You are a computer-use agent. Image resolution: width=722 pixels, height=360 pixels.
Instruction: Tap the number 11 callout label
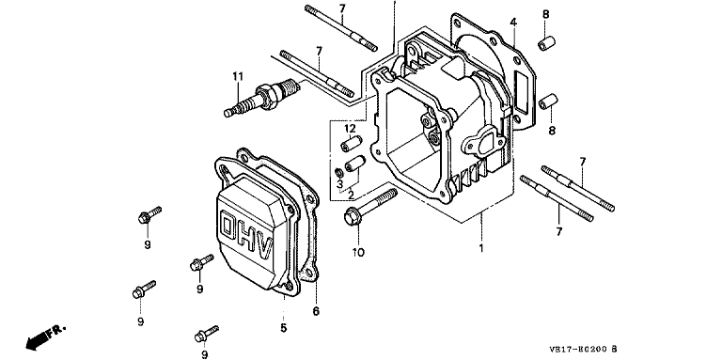click(237, 76)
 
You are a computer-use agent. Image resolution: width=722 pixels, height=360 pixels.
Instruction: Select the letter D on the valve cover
click(228, 226)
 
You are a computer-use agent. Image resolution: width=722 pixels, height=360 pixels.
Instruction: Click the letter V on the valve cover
click(266, 249)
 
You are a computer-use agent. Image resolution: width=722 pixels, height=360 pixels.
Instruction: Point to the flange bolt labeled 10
click(370, 207)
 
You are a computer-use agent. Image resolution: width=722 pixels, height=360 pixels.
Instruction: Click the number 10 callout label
click(358, 252)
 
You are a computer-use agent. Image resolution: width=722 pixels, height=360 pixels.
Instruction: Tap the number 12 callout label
click(351, 128)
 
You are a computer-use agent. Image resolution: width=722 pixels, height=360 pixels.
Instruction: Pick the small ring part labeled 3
click(337, 173)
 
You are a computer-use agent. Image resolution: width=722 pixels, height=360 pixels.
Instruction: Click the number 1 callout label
click(481, 248)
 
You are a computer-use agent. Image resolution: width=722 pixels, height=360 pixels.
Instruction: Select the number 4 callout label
click(513, 22)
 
